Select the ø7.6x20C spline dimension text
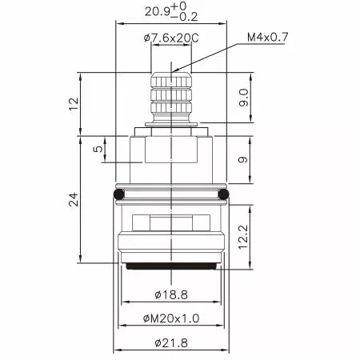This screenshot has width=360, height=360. pyautogui.click(x=172, y=38)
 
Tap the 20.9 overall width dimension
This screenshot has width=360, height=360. pyautogui.click(x=157, y=12)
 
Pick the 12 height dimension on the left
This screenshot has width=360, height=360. pyautogui.click(x=74, y=103)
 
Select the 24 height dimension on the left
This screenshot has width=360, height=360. pyautogui.click(x=74, y=200)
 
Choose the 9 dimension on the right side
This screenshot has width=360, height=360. pyautogui.click(x=244, y=159)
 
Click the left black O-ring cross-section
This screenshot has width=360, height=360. pyautogui.click(x=119, y=194)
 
